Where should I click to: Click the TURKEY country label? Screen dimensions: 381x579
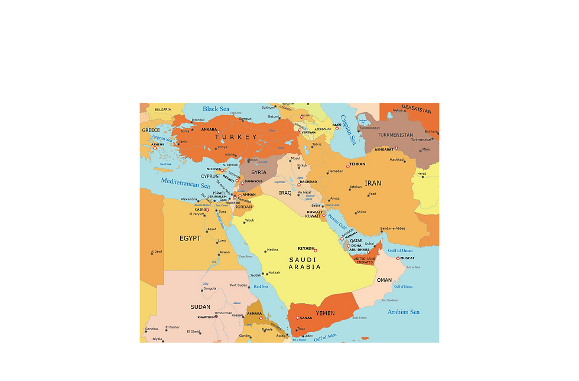[x=236, y=137]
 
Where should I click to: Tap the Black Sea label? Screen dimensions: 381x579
[x=216, y=109]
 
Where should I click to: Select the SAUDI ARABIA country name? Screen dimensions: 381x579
[x=305, y=263]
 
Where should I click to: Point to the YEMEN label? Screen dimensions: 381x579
[x=325, y=313]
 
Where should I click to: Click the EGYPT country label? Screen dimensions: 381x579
[x=190, y=239]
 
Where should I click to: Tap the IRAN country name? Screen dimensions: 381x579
[x=373, y=183]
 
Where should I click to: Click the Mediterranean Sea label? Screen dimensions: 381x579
[x=186, y=183]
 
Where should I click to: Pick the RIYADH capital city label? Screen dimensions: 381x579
[x=306, y=248]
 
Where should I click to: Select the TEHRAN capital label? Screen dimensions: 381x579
[x=357, y=164]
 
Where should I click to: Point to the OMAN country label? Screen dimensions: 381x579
[x=384, y=280]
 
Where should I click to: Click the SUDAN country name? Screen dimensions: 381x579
[x=200, y=307]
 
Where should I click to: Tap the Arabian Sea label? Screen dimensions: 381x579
[x=404, y=312]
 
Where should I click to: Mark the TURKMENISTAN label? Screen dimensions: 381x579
[x=396, y=135]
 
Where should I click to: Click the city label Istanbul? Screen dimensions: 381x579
[x=198, y=120]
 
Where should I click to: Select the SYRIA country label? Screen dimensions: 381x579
[x=259, y=172]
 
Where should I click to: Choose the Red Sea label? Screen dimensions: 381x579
[x=261, y=287]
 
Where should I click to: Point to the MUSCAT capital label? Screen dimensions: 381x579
[x=408, y=258]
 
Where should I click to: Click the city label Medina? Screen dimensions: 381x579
[x=272, y=250]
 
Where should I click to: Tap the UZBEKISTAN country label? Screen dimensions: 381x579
[x=417, y=110]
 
